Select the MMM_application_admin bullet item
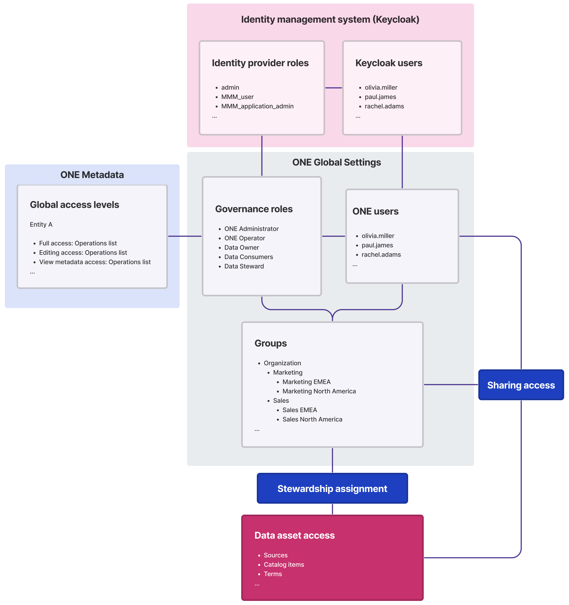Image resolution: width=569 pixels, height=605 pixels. pyautogui.click(x=257, y=106)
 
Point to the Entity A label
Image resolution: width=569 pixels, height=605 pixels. pyautogui.click(x=41, y=224)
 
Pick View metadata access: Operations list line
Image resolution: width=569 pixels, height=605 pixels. pyautogui.click(x=95, y=262)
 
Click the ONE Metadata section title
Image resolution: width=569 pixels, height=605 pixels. pyautogui.click(x=92, y=175)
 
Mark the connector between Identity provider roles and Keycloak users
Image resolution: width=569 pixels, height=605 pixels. pyautogui.click(x=333, y=88)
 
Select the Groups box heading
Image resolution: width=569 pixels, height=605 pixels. pyautogui.click(x=270, y=343)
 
